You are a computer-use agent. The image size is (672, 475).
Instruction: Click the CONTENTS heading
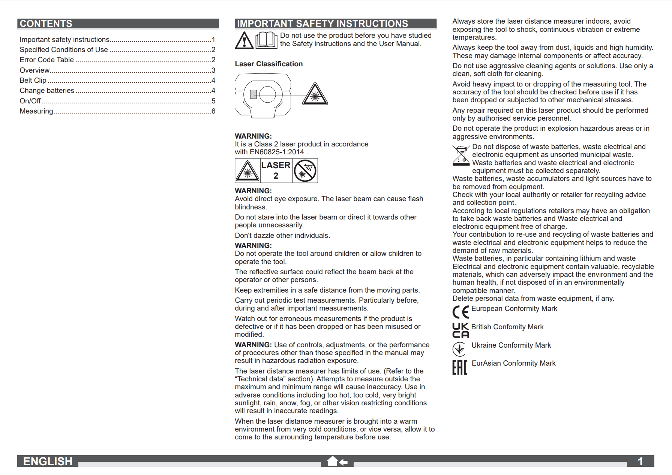click(46, 24)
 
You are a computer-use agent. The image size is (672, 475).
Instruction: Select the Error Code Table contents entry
click(47, 60)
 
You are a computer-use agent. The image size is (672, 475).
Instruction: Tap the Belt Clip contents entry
click(33, 81)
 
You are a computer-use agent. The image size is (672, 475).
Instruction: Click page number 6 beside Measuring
click(213, 111)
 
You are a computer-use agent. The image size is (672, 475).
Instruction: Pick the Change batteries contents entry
click(47, 91)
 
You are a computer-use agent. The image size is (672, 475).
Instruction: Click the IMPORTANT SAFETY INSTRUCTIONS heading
click(322, 24)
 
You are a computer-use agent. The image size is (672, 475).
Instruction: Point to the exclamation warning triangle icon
click(244, 40)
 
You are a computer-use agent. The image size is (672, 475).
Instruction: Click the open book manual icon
click(266, 40)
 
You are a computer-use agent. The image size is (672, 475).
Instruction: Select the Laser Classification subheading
click(268, 64)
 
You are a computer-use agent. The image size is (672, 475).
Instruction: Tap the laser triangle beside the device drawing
click(315, 95)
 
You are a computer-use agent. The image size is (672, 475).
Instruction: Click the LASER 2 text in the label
click(276, 170)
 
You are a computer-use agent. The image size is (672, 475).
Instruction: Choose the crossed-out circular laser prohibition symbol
click(305, 171)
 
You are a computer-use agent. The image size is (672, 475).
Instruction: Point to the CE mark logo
click(460, 312)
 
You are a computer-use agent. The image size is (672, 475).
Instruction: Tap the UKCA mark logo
click(460, 330)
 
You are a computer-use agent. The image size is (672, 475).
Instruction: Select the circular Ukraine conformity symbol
click(459, 349)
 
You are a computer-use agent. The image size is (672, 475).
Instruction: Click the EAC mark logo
click(460, 367)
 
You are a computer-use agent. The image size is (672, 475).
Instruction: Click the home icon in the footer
click(333, 461)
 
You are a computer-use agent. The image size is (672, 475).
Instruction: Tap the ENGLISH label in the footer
click(48, 461)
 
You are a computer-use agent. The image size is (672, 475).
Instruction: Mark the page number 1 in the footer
click(640, 461)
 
